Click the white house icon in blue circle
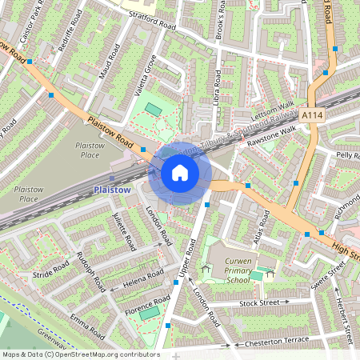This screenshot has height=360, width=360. point(180,172)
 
